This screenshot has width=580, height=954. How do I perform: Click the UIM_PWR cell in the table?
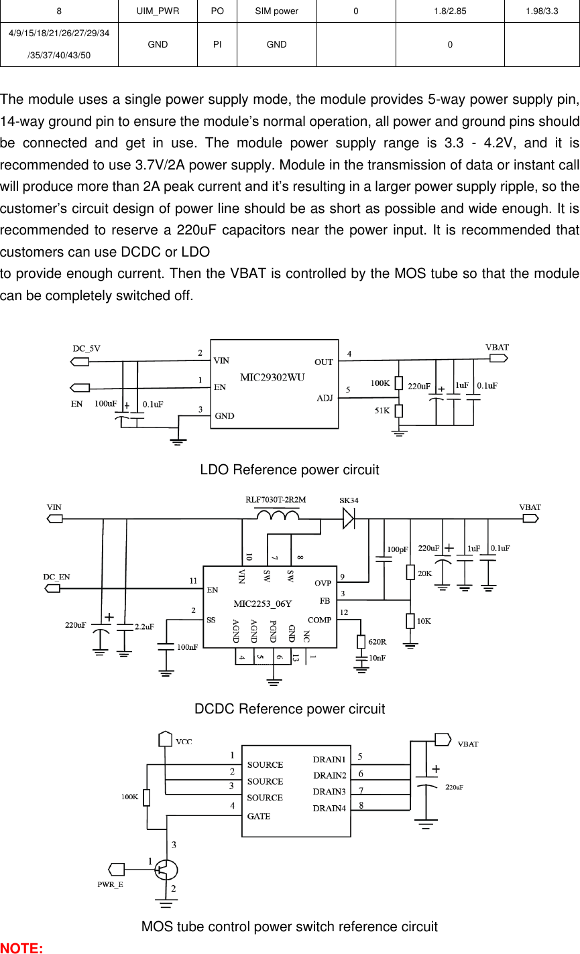(x=158, y=11)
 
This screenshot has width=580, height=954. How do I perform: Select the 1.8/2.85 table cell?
(x=449, y=11)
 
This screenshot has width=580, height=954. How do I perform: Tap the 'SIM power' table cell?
(x=276, y=11)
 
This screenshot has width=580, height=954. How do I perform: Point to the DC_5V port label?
(x=86, y=348)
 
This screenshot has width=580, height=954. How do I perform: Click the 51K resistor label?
(x=382, y=411)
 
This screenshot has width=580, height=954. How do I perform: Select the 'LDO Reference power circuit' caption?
(x=289, y=470)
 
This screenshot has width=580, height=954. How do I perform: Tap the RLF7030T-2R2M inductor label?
(x=276, y=500)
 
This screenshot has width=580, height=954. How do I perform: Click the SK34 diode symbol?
(x=349, y=518)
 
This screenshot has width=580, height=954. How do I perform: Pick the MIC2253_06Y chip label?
(x=262, y=604)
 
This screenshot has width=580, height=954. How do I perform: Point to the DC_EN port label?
(x=56, y=577)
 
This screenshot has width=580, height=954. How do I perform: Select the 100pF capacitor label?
(x=398, y=549)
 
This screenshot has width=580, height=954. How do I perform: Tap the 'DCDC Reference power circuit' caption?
(x=289, y=709)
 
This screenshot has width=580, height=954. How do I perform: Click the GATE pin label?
(x=259, y=817)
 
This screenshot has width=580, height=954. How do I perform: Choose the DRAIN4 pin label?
(x=329, y=809)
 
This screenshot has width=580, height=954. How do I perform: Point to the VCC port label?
(x=184, y=742)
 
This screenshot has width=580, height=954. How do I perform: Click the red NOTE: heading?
(x=21, y=948)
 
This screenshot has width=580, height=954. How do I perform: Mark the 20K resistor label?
(x=425, y=573)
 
